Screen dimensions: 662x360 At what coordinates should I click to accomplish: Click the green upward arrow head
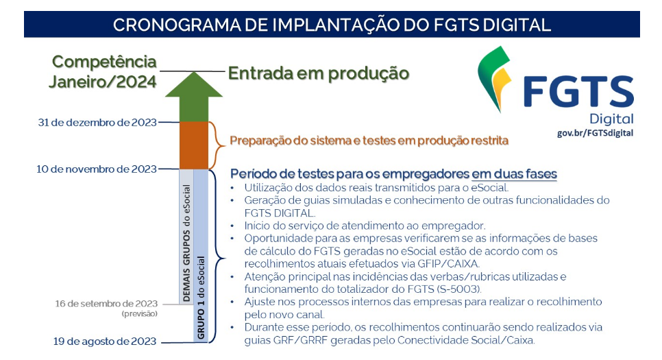click(x=194, y=85)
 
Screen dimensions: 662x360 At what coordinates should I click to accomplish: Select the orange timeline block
click(x=194, y=145)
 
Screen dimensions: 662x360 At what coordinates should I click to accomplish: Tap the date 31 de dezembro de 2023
click(x=97, y=123)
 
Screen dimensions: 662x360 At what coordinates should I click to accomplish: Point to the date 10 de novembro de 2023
click(x=96, y=169)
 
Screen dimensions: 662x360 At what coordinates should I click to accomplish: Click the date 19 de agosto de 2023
click(x=105, y=341)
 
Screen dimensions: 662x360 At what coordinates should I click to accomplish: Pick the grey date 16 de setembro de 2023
click(x=106, y=304)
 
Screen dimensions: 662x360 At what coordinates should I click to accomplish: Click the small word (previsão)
click(x=139, y=314)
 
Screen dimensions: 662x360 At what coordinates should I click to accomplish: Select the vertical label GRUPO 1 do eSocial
click(x=201, y=298)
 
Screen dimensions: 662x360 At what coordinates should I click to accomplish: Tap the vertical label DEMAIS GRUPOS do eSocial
click(x=186, y=242)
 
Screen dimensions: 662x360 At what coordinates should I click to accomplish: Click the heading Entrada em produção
click(x=319, y=73)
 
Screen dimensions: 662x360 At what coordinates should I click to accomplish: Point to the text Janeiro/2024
click(x=103, y=82)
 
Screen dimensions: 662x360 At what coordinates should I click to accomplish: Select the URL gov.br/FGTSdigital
click(x=596, y=133)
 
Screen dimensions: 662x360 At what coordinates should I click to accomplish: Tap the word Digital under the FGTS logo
click(x=612, y=119)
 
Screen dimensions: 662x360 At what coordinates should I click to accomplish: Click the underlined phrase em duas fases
click(x=514, y=173)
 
